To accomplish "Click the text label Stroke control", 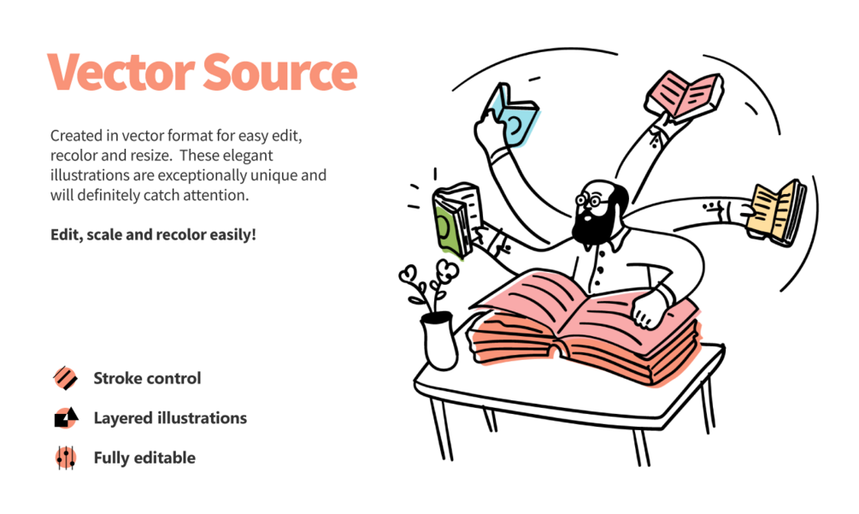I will click(x=147, y=378).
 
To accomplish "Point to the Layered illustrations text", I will click(x=169, y=418).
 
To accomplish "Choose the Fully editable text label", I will click(x=144, y=458).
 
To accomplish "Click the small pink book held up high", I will click(x=685, y=94).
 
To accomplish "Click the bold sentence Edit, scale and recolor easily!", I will click(x=153, y=233).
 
